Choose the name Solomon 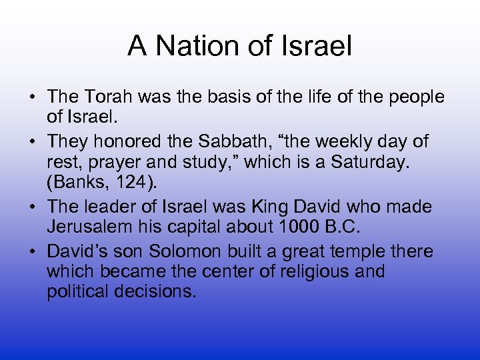[179, 252]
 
